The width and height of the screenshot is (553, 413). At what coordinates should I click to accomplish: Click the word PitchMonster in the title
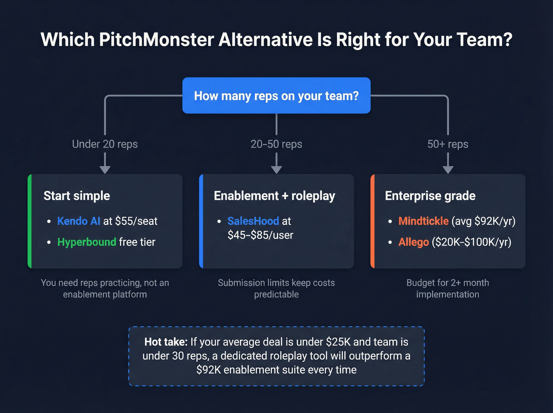pyautogui.click(x=156, y=40)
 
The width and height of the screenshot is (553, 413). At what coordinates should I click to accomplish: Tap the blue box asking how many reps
pyautogui.click(x=276, y=96)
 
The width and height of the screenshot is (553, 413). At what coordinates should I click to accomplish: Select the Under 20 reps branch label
pyautogui.click(x=105, y=144)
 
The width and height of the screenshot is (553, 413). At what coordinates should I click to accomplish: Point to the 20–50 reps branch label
pyautogui.click(x=276, y=144)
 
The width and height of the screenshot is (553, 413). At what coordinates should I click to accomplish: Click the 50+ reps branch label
pyautogui.click(x=448, y=144)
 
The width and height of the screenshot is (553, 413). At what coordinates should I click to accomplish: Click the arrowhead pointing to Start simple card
pyautogui.click(x=105, y=170)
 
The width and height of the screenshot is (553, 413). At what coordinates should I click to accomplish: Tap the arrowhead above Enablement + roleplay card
pyautogui.click(x=276, y=170)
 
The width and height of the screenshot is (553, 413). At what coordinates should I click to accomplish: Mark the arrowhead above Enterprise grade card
pyautogui.click(x=448, y=170)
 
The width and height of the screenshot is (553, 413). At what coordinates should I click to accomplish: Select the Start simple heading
pyautogui.click(x=77, y=196)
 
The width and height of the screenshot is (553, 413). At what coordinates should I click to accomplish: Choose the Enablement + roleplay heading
pyautogui.click(x=274, y=196)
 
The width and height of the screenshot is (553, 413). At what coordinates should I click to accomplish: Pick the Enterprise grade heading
pyautogui.click(x=430, y=196)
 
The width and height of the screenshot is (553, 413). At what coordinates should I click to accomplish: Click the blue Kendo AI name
pyautogui.click(x=79, y=221)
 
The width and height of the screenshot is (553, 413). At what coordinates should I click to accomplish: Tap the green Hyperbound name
pyautogui.click(x=87, y=242)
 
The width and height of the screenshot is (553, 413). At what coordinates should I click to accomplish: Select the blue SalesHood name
pyautogui.click(x=253, y=221)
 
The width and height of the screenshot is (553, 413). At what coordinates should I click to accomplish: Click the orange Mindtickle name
pyautogui.click(x=423, y=221)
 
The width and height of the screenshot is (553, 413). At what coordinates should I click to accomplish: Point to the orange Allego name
pyautogui.click(x=414, y=242)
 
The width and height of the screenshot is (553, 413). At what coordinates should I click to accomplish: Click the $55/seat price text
pyautogui.click(x=136, y=221)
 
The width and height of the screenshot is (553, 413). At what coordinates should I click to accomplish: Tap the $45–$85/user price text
pyautogui.click(x=260, y=236)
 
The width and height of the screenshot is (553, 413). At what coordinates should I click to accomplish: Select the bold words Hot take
pyautogui.click(x=166, y=342)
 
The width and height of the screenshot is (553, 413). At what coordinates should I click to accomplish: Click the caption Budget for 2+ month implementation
pyautogui.click(x=448, y=289)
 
